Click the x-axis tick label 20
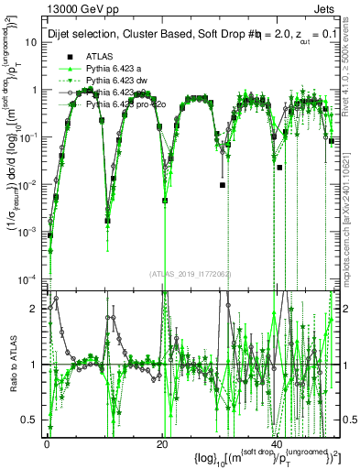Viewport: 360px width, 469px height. point(162,443)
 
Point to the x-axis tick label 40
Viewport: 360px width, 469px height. point(278,443)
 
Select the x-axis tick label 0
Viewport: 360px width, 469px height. point(46,443)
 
